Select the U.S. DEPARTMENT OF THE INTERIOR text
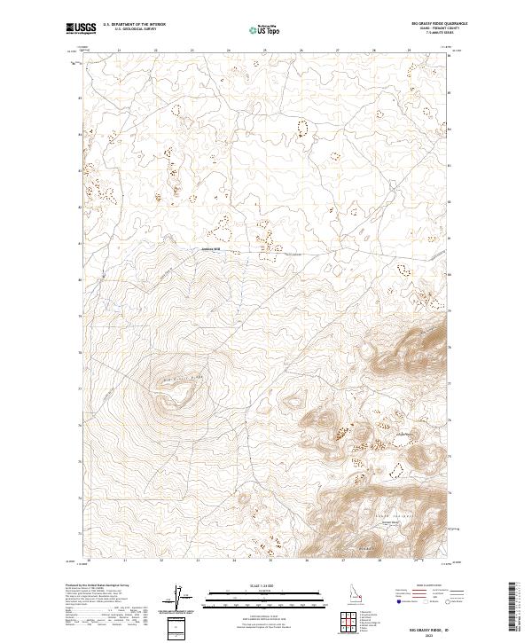tap(134, 25)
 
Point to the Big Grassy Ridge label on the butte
tap(183, 380)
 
